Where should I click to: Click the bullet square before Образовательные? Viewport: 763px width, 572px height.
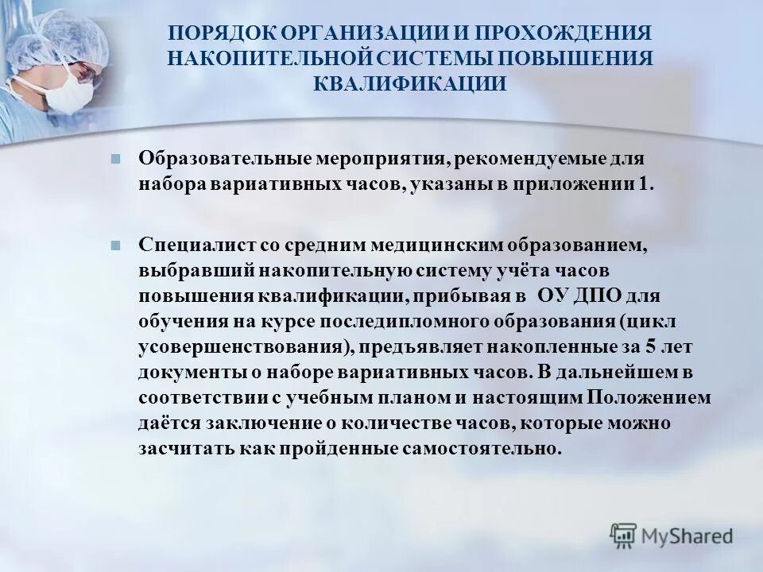point(115,157)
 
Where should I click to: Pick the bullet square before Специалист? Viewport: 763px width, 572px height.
point(115,245)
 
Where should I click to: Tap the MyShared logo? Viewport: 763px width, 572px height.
point(672,535)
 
